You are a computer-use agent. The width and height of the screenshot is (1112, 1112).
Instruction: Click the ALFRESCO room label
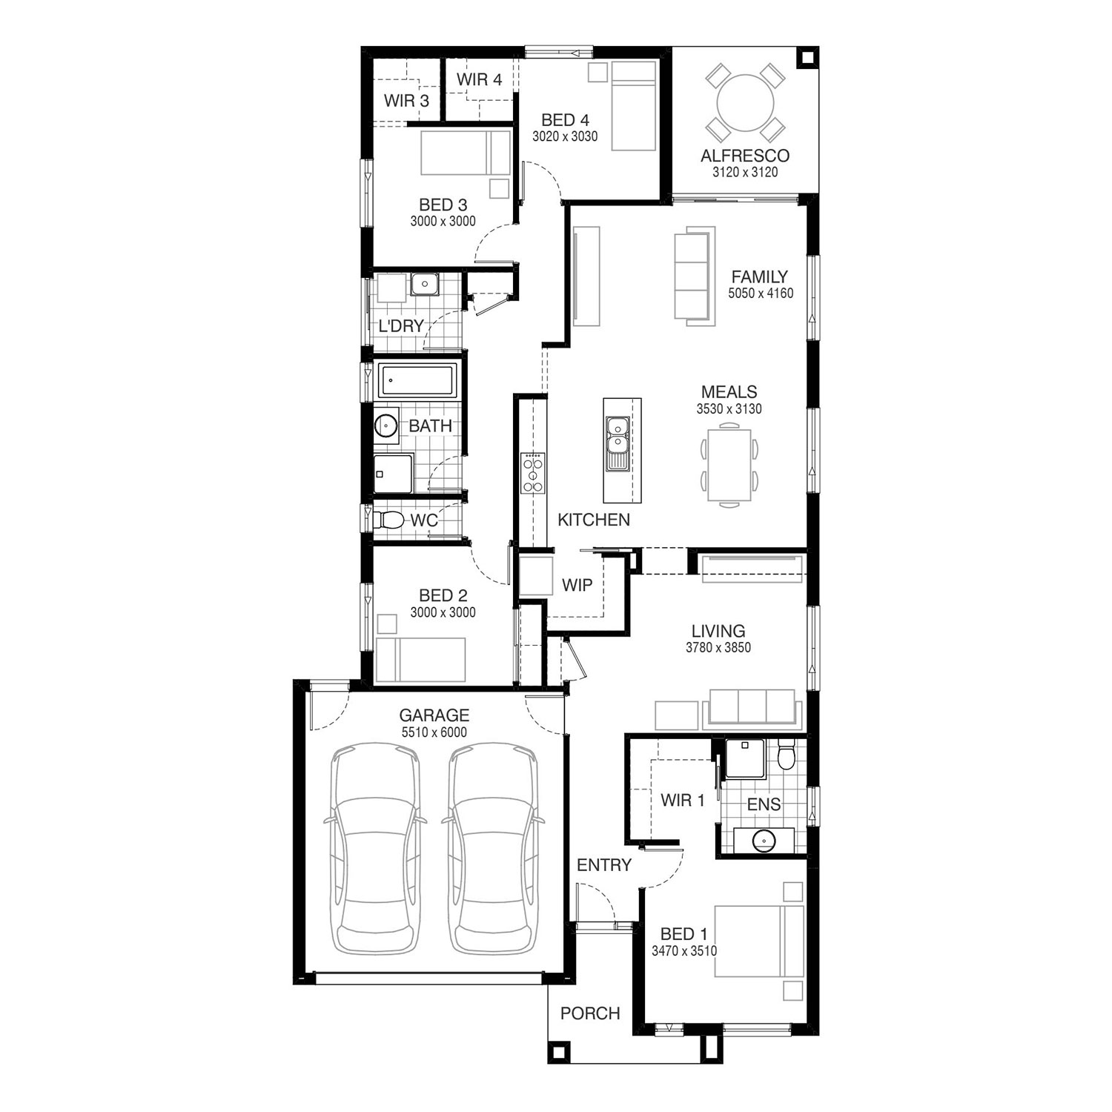pyautogui.click(x=745, y=156)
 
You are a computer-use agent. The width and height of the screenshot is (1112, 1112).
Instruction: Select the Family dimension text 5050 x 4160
pyautogui.click(x=761, y=293)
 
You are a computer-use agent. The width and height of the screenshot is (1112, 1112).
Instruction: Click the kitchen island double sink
pyautogui.click(x=616, y=443)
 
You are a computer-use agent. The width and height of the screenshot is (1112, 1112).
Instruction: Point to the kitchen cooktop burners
pyautogui.click(x=533, y=472)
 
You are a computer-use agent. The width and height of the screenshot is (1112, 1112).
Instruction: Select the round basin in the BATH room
pyautogui.click(x=385, y=426)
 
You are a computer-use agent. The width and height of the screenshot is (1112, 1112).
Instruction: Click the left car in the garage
pyautogui.click(x=375, y=850)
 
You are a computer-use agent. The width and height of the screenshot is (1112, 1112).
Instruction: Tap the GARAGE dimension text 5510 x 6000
pyautogui.click(x=434, y=732)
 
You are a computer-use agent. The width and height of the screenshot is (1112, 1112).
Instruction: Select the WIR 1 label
pyautogui.click(x=682, y=801)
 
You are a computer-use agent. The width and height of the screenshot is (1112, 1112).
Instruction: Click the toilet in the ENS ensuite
pyautogui.click(x=786, y=755)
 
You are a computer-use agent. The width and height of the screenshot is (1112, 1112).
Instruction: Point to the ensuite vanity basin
pyautogui.click(x=764, y=841)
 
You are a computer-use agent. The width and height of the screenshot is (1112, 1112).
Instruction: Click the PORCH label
pyautogui.click(x=590, y=1013)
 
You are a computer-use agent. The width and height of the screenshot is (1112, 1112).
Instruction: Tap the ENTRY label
pyautogui.click(x=604, y=865)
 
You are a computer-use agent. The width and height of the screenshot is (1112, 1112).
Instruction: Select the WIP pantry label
pyautogui.click(x=577, y=586)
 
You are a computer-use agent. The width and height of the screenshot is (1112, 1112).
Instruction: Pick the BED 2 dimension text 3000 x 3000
pyautogui.click(x=443, y=612)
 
